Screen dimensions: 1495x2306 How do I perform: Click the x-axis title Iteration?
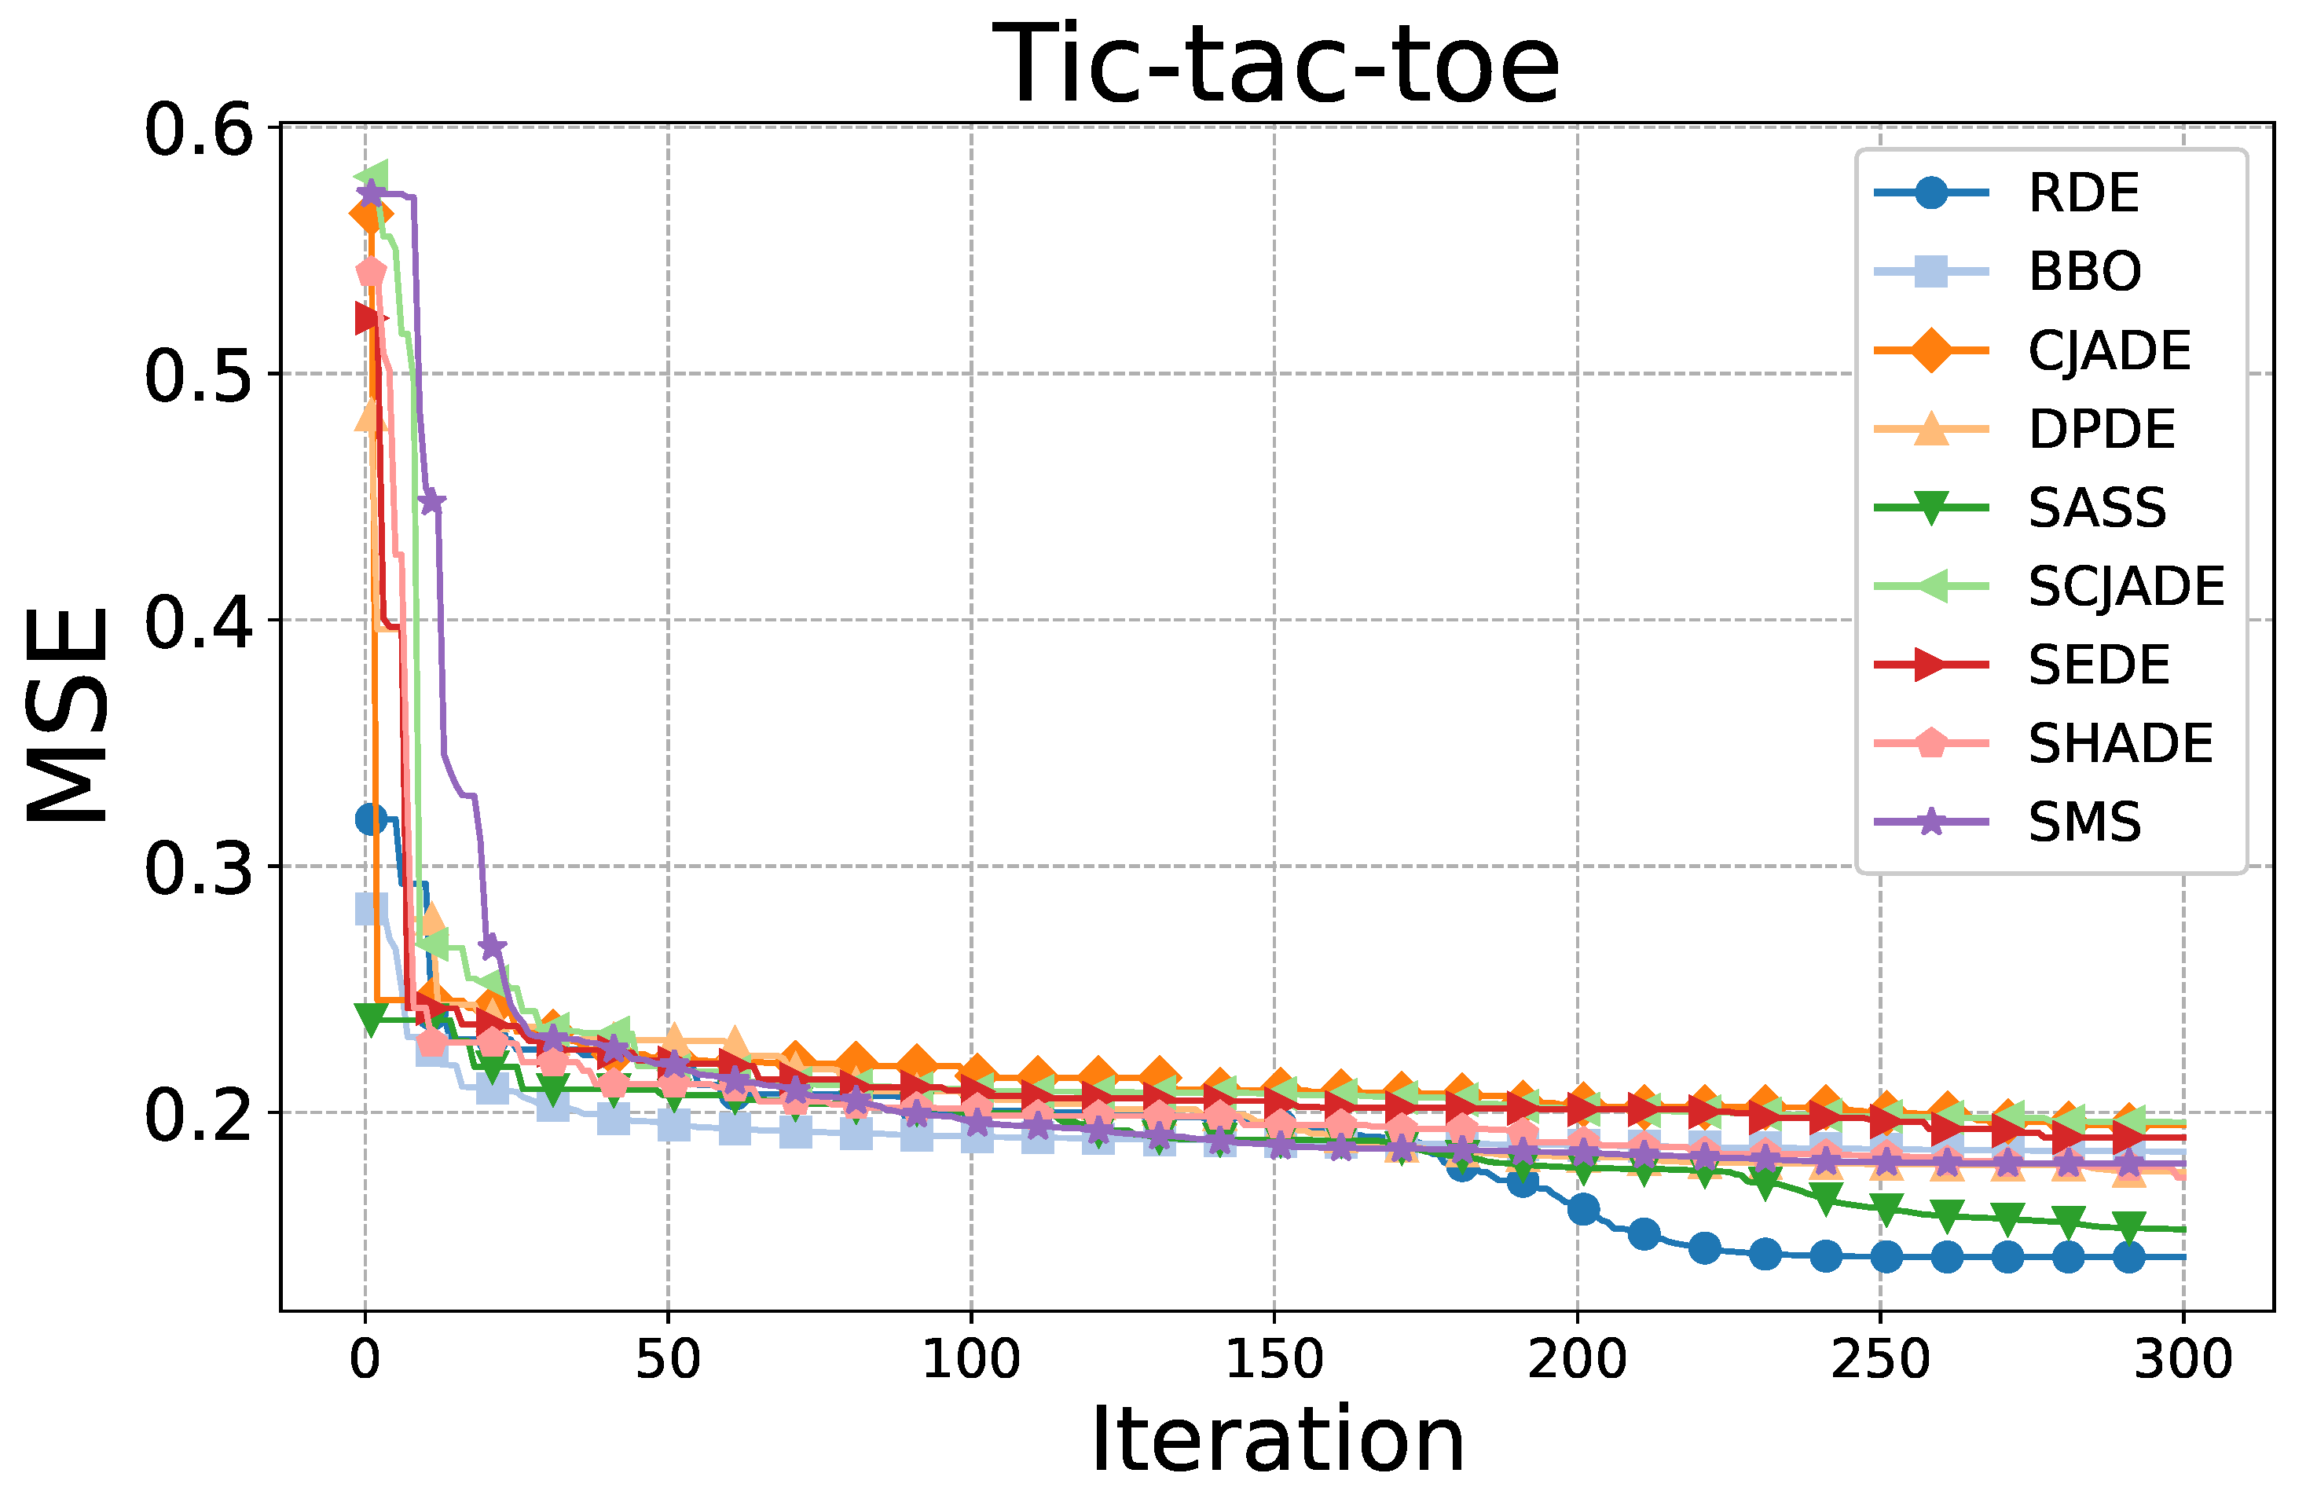tap(1277, 1440)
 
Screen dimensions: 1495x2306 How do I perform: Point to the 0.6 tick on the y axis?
tap(198, 129)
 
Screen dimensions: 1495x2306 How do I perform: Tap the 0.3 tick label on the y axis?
tap(198, 867)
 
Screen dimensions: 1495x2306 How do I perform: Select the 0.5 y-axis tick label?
tap(198, 375)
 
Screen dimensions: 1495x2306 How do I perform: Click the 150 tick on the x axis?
tap(1274, 1359)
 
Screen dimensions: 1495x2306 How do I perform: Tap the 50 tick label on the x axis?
tap(668, 1359)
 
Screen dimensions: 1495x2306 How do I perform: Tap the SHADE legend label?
tap(2120, 744)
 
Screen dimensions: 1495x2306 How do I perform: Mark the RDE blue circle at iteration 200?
tap(1583, 1209)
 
